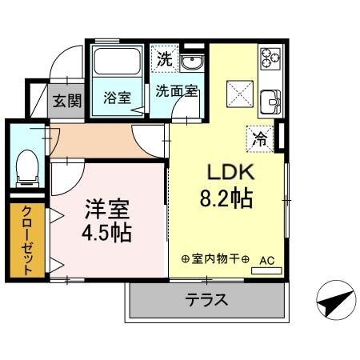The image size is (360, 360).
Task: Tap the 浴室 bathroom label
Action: pyautogui.click(x=117, y=98)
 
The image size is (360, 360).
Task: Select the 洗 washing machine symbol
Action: pyautogui.click(x=164, y=58)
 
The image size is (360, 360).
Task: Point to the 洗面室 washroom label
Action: pyautogui.click(x=176, y=91)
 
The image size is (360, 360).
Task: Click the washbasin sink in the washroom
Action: pyautogui.click(x=192, y=63)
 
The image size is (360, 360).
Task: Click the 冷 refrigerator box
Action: pyautogui.click(x=261, y=137)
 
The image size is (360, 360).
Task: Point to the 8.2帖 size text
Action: pyautogui.click(x=226, y=198)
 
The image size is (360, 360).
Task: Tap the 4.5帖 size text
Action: pyautogui.click(x=107, y=234)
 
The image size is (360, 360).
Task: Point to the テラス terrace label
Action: pyautogui.click(x=206, y=301)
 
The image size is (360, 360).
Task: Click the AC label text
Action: pyautogui.click(x=267, y=259)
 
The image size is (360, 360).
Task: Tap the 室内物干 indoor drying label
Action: pyautogui.click(x=215, y=260)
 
